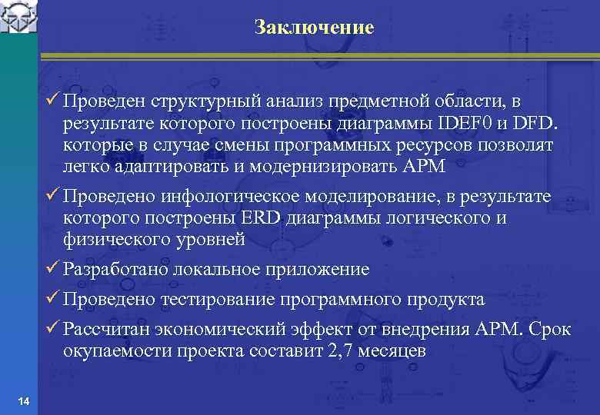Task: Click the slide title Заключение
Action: coord(314,28)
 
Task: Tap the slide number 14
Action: coord(23,403)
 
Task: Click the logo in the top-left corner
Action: coord(18,17)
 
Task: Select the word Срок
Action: coord(549,330)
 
